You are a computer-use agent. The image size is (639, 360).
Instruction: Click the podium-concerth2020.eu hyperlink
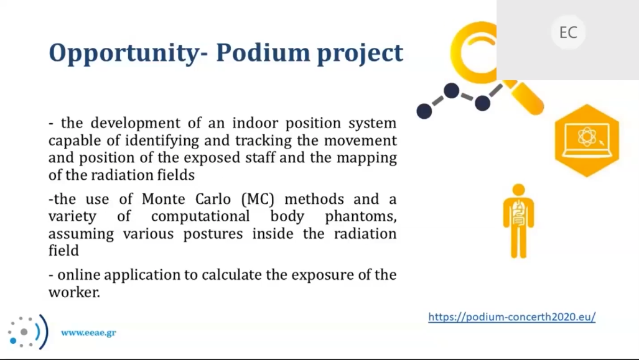[x=512, y=317]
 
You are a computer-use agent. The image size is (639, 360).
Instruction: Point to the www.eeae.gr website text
[x=88, y=333]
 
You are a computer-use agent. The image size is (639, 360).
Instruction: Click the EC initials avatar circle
[x=568, y=32]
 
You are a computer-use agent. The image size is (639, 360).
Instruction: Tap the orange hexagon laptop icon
[x=587, y=141]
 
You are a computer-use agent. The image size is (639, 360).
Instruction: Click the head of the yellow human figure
[x=518, y=190]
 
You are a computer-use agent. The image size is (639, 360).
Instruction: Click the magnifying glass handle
[x=526, y=98]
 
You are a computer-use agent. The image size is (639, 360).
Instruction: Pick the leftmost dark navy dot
[x=424, y=111]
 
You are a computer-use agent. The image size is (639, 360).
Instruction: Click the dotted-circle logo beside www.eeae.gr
[x=28, y=332]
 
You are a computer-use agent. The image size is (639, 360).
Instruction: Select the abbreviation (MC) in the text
[x=258, y=199]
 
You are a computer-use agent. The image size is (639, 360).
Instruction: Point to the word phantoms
[x=361, y=216]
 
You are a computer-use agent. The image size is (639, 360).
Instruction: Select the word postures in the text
[x=213, y=234]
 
